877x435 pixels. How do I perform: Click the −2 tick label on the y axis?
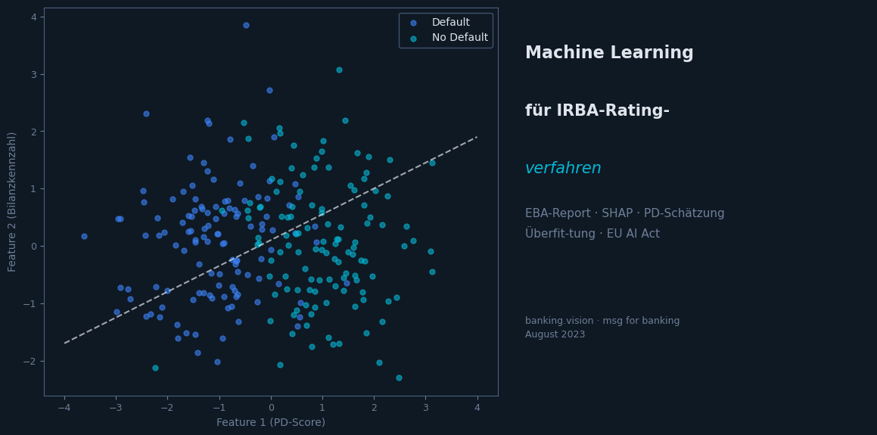[31, 361]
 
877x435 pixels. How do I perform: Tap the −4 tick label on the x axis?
[64, 407]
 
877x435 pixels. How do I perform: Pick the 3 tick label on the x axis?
[425, 407]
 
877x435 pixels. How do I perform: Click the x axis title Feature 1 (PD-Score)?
[271, 422]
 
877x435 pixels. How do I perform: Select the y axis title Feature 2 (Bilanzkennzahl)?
[12, 201]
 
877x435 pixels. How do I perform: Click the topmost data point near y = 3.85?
[246, 25]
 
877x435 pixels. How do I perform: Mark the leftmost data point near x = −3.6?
[84, 236]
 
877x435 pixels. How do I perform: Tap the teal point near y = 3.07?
[339, 70]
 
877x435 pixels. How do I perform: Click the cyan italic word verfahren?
[563, 168]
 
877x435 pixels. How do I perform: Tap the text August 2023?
[555, 334]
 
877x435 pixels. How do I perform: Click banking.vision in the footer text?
[560, 321]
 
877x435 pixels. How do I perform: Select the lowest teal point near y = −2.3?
[399, 378]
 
